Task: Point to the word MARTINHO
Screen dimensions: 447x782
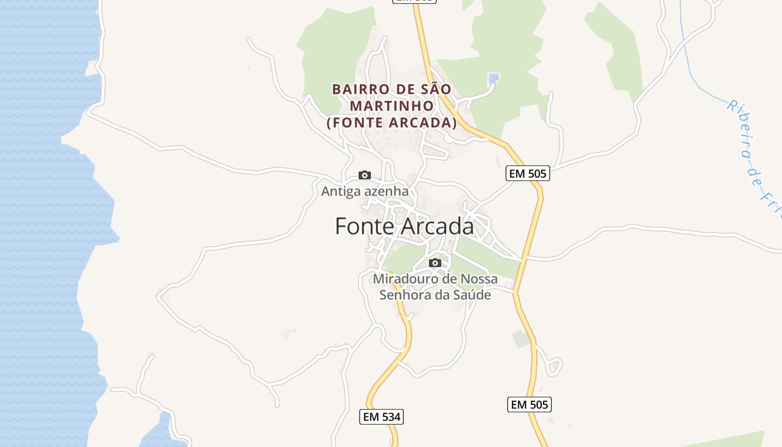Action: pyautogui.click(x=392, y=106)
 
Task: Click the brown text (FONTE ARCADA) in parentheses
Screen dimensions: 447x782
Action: pyautogui.click(x=392, y=123)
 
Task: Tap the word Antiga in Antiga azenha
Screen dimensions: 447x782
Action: pyautogui.click(x=340, y=191)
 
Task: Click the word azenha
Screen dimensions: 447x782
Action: pyautogui.click(x=386, y=191)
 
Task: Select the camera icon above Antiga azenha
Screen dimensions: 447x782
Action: pyautogui.click(x=365, y=175)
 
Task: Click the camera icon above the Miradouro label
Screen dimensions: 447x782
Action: pyautogui.click(x=435, y=263)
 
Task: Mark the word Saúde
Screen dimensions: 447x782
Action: pyautogui.click(x=472, y=294)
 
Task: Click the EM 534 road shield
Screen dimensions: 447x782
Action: pyautogui.click(x=382, y=417)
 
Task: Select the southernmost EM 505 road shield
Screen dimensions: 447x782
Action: pyautogui.click(x=529, y=405)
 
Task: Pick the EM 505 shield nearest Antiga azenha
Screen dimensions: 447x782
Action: pyautogui.click(x=528, y=174)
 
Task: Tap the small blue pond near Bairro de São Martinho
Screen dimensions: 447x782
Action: pyautogui.click(x=493, y=79)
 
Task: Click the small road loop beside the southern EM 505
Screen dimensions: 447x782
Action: pyautogui.click(x=554, y=367)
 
